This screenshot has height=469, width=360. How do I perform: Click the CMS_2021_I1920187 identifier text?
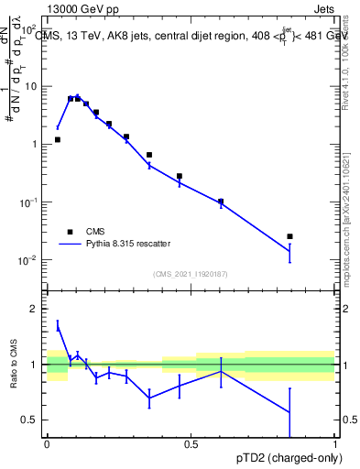pyautogui.click(x=190, y=274)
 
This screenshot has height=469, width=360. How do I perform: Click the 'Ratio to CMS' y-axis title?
pyautogui.click(x=14, y=364)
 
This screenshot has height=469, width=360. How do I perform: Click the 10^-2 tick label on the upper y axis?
pyautogui.click(x=28, y=260)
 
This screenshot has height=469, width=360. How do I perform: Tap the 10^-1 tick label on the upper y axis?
pyautogui.click(x=28, y=202)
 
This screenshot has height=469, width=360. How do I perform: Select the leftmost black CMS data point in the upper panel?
pyautogui.click(x=58, y=140)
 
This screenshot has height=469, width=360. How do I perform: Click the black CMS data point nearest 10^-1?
pyautogui.click(x=221, y=202)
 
